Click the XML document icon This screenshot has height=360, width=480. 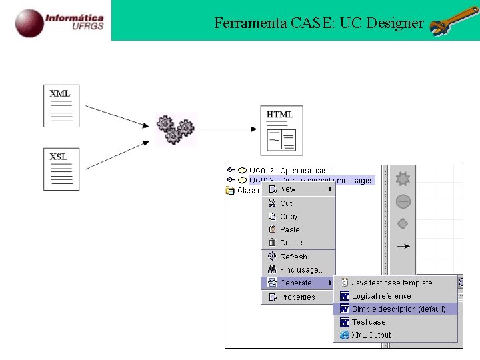(x=61, y=105)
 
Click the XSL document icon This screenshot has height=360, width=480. (x=61, y=169)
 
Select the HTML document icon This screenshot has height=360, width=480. (x=281, y=130)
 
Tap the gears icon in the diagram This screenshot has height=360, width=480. (x=175, y=129)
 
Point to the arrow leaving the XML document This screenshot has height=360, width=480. (x=116, y=115)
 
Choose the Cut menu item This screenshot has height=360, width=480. (x=286, y=203)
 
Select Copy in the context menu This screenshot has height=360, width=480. (x=289, y=217)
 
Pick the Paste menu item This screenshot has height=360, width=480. (x=290, y=229)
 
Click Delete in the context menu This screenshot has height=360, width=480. (x=291, y=243)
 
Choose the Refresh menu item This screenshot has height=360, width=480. (x=293, y=257)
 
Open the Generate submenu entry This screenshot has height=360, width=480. (x=296, y=283)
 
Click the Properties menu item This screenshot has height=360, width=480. (x=297, y=297)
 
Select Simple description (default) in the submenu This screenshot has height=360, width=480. (x=399, y=309)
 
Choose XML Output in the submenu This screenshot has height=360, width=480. (x=371, y=335)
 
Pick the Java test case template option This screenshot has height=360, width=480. (x=392, y=283)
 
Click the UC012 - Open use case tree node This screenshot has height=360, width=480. (x=290, y=171)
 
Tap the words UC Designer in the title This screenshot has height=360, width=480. (x=381, y=23)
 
